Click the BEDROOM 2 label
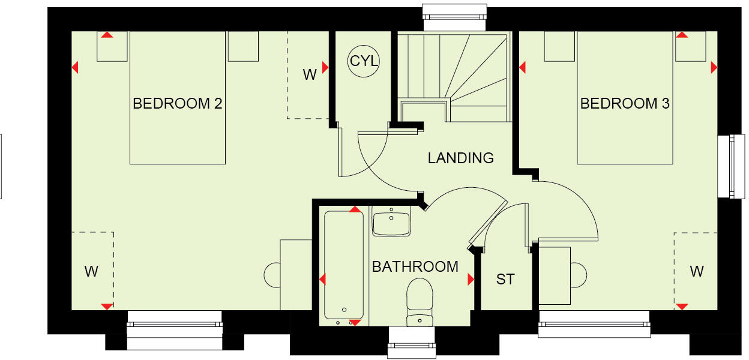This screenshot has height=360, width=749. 178,104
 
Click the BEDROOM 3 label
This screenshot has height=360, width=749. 625,104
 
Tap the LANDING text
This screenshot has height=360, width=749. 460,158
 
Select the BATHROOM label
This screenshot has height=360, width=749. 415,266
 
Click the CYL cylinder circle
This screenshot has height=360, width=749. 364,61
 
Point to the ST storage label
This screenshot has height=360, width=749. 505,279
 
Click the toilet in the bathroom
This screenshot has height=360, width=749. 420,300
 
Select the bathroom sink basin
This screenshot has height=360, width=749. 391,222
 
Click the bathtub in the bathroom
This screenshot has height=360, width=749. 344,264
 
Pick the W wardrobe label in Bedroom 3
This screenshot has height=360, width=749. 696,271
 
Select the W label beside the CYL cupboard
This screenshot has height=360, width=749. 309,74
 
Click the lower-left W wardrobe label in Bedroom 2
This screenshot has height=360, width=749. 91,271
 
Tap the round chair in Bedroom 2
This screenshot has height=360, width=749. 272,275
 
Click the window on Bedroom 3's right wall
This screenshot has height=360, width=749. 727,166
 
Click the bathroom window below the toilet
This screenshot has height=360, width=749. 412,342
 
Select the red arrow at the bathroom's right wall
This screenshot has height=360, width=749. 471,279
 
